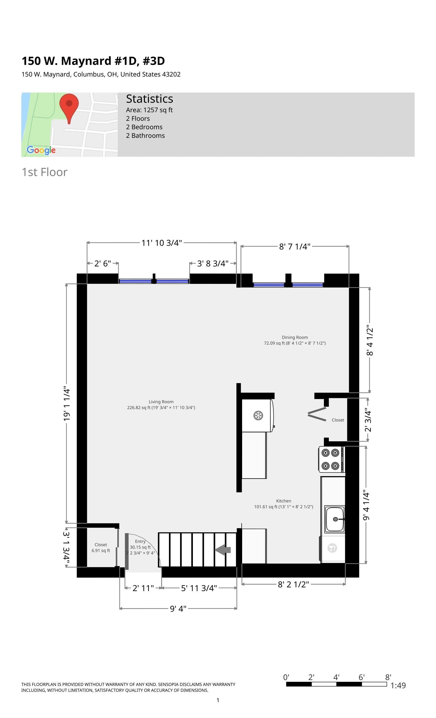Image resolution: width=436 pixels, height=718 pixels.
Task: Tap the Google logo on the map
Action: pos(41,150)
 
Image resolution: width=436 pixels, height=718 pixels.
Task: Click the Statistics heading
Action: pos(150,99)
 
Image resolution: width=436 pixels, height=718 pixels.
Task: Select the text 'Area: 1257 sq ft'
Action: pos(149,110)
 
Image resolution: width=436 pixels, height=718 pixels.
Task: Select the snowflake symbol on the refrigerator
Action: pos(258,415)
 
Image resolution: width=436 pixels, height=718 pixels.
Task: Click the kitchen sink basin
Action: pos(335,519)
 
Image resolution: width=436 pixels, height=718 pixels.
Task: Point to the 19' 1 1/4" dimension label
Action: pos(67,404)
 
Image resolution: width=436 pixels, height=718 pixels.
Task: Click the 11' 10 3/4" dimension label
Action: pos(162,243)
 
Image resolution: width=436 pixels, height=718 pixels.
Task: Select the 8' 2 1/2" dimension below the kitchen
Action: pos(293,584)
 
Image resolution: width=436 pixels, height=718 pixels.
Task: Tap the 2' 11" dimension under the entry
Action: pos(143,588)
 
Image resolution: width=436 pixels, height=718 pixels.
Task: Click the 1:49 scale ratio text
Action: pos(398,685)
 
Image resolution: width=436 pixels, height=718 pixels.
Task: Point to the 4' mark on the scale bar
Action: pos(336,677)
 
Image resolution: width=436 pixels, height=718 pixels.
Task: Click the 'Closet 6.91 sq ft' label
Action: pos(101,547)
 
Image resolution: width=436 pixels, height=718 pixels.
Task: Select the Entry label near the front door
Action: pos(140,541)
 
